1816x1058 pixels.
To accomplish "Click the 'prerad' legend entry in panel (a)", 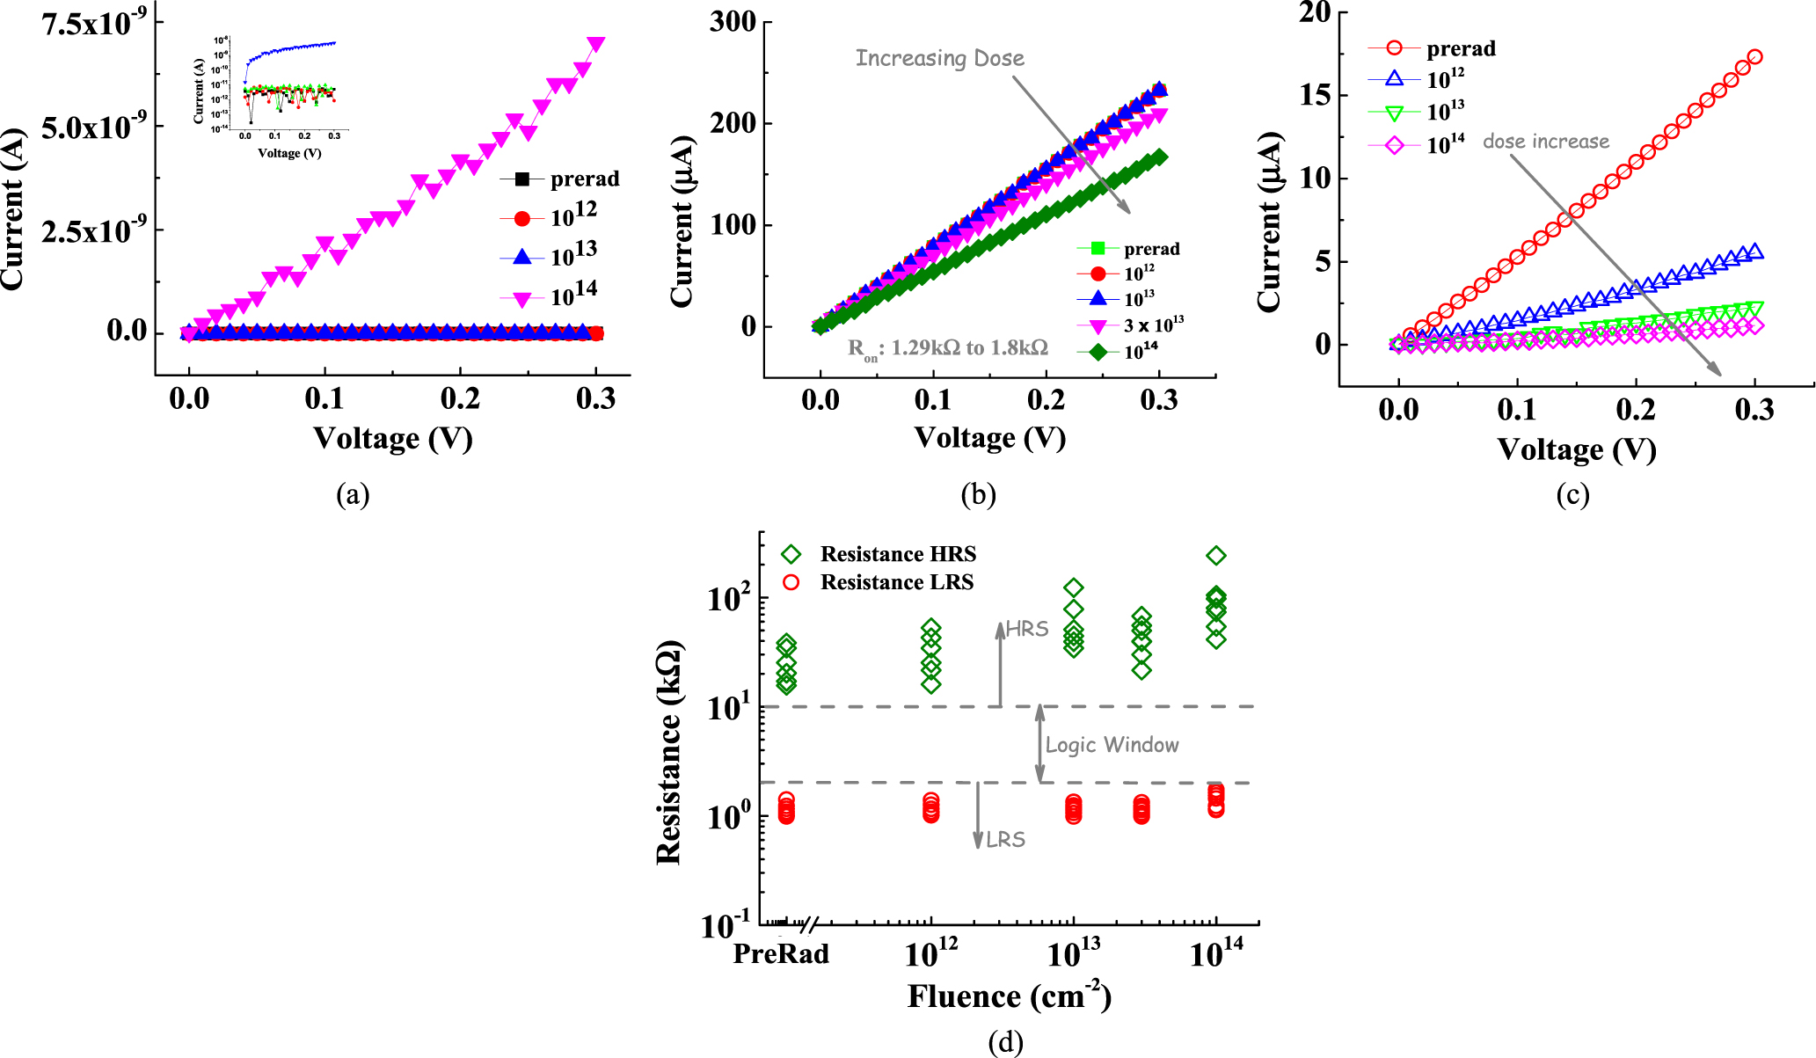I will [584, 179].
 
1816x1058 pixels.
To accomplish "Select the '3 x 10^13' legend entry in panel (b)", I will [1153, 325].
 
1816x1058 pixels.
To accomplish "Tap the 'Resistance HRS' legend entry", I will [898, 554].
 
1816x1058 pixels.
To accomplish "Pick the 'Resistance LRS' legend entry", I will [896, 582].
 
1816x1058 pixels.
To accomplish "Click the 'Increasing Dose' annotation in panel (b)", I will [939, 59].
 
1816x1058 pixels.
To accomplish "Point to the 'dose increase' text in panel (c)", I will [1545, 142].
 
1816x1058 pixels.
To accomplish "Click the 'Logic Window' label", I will [1112, 745].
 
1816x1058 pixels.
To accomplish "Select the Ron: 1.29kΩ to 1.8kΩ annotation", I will [947, 348].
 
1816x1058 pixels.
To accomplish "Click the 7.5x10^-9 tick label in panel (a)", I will [95, 24].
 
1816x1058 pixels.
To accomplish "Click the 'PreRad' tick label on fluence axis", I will [781, 953].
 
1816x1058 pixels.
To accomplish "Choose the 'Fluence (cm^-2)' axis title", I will [1009, 996].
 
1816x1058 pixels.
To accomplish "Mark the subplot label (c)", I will [1572, 495].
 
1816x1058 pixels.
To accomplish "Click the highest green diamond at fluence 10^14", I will [1215, 556].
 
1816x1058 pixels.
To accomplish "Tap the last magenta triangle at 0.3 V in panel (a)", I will [596, 44].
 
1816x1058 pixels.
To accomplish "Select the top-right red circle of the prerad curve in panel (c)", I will [1754, 57].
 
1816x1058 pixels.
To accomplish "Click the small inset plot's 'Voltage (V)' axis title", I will [289, 153].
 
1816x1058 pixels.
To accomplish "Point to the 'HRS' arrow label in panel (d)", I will [1027, 629].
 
